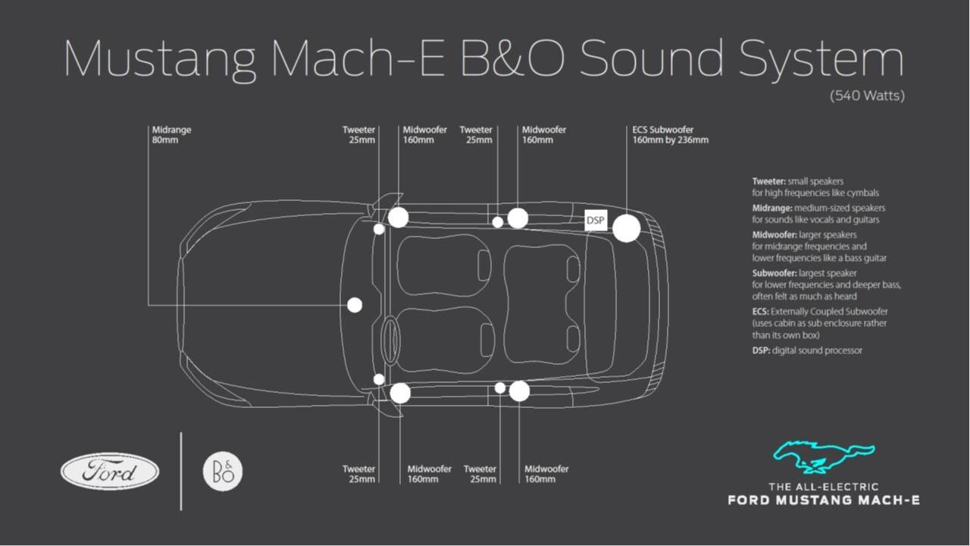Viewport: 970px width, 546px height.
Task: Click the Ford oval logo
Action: click(x=110, y=472)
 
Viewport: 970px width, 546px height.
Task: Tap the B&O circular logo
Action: click(x=223, y=472)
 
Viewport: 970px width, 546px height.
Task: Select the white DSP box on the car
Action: click(x=596, y=220)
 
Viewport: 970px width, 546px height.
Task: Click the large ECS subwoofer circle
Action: click(x=626, y=228)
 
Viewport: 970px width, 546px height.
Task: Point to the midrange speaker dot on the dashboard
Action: click(x=354, y=305)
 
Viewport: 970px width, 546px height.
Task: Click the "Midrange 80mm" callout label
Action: click(x=171, y=135)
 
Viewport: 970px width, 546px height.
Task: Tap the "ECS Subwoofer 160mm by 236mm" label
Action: click(x=670, y=135)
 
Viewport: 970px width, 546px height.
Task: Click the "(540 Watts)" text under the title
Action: click(x=867, y=96)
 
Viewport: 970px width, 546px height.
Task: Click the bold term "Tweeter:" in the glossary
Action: click(x=768, y=182)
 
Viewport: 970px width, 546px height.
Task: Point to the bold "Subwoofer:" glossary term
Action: click(x=774, y=273)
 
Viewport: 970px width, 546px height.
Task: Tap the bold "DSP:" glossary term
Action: click(x=761, y=350)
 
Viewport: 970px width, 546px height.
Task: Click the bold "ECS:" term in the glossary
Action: click(x=761, y=312)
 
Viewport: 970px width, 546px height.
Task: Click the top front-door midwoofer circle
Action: click(x=398, y=218)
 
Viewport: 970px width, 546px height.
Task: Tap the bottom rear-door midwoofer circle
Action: click(x=519, y=391)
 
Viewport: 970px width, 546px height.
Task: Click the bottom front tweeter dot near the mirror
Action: click(x=379, y=379)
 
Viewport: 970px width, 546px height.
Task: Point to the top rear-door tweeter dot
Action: click(x=498, y=222)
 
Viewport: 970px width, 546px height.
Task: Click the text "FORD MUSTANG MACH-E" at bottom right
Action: click(x=824, y=500)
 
